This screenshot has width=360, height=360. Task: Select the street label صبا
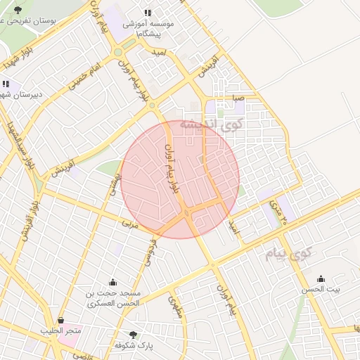[240, 98]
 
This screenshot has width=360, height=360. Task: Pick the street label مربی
[128, 224]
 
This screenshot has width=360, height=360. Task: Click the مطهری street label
[175, 307]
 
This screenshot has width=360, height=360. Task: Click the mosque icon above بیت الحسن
[321, 278]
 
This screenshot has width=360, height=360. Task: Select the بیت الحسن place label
[321, 290]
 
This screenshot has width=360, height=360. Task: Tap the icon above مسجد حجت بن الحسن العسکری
[112, 282]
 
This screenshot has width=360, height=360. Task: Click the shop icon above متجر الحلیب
[60, 320]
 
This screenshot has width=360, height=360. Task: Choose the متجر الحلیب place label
[61, 330]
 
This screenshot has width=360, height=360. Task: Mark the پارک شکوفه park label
[134, 345]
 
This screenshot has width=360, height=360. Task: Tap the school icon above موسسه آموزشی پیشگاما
[148, 13]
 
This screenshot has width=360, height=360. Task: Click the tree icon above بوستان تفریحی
[18, 10]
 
